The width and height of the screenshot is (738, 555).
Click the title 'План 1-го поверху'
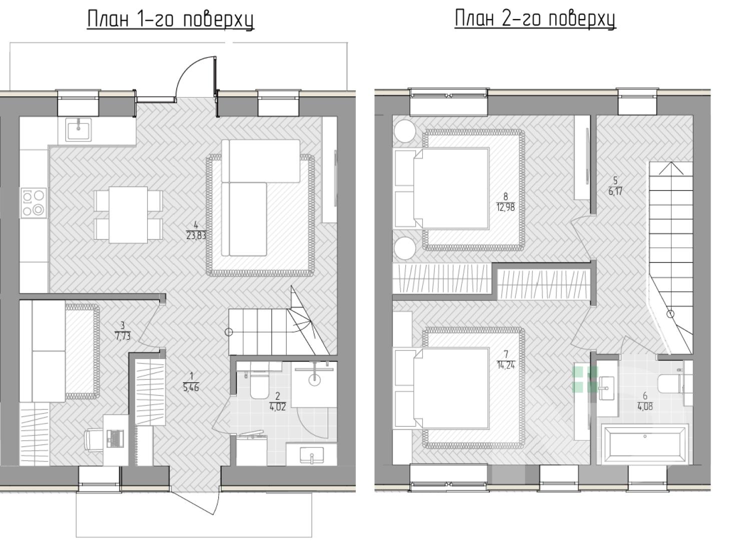pos(171,19)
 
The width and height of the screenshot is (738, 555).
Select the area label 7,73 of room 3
pos(123,336)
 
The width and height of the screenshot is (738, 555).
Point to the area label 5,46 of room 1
pos(191,387)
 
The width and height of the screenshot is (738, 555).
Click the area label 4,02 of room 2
pos(278,407)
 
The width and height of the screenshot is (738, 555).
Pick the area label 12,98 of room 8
pos(505,207)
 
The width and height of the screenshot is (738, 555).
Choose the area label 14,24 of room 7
pos(506,365)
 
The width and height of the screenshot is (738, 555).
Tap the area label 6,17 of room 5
pos(615,191)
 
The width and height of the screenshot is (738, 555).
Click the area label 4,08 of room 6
pos(645,407)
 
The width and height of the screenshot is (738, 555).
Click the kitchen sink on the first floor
pos(79,130)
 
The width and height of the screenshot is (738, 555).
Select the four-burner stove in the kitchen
pos(34,202)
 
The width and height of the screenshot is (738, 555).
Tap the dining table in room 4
pos(128,215)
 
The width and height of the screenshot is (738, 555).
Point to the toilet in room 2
pos(259,383)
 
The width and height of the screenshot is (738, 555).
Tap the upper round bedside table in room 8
pos(405,130)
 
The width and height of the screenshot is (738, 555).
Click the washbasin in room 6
pos(606,388)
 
